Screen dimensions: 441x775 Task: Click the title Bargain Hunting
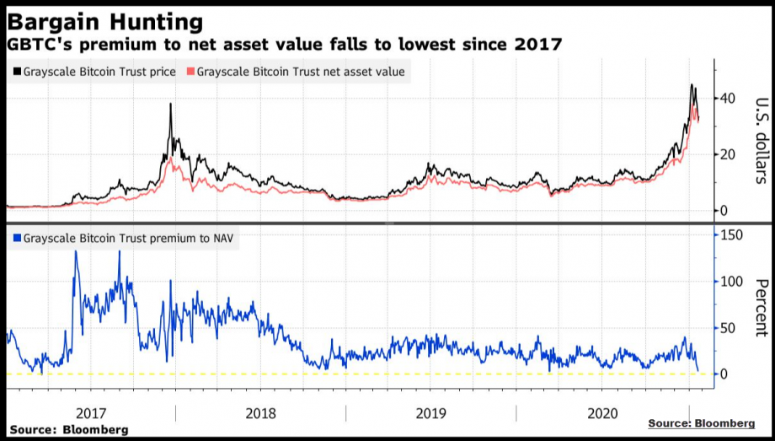tap(104, 20)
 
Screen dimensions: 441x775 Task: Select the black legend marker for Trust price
tap(17, 73)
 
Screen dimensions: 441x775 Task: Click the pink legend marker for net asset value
tap(190, 73)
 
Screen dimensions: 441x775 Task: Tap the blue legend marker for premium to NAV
tap(17, 239)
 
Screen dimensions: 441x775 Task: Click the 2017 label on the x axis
tap(91, 414)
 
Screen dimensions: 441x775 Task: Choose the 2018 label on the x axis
tap(260, 414)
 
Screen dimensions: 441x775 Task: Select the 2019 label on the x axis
tap(431, 414)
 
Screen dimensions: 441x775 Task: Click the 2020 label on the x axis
tap(602, 414)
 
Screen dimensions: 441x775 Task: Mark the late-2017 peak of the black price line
tap(170, 105)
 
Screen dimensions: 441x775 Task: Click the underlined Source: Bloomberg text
tap(701, 422)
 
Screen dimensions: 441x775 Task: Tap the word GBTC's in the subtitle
tap(37, 44)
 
